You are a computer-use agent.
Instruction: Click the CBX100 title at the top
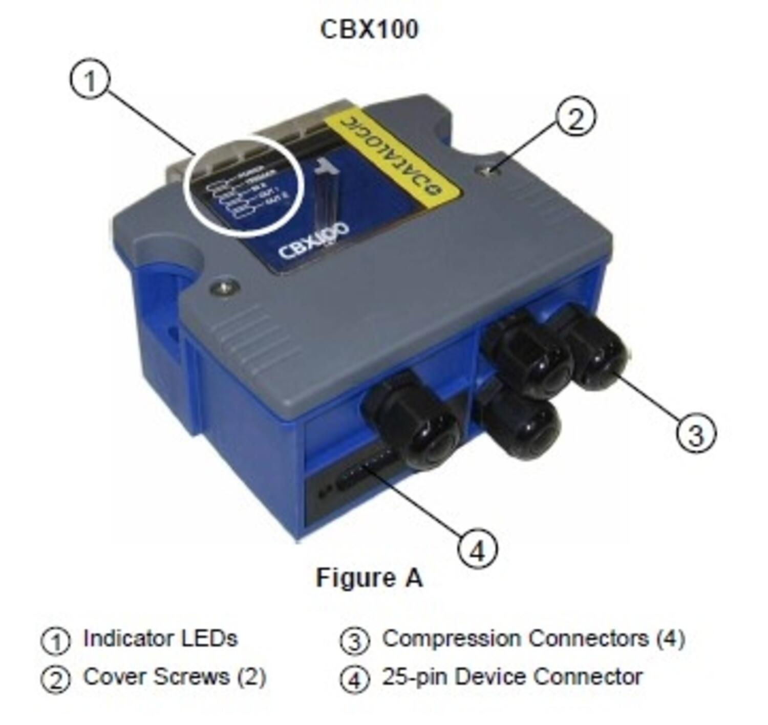[x=369, y=29]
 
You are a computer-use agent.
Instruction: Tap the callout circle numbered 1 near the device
[x=90, y=82]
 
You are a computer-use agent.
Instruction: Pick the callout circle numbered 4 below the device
[x=477, y=550]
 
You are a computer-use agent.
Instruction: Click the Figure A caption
[x=369, y=578]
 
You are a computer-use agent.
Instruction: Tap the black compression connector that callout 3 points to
[x=597, y=353]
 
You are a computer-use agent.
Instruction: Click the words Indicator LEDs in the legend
[x=160, y=639]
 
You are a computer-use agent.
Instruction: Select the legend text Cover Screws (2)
[x=175, y=677]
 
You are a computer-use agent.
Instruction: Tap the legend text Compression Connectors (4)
[x=533, y=639]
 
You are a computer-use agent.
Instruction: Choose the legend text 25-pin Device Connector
[x=512, y=677]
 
